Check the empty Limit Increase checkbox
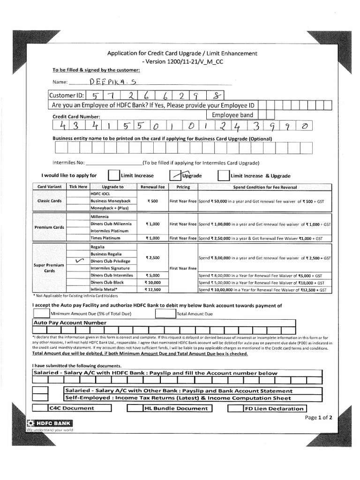[114, 175]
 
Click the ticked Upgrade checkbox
[175, 175]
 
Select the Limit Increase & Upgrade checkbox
[224, 175]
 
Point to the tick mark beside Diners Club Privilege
[78, 261]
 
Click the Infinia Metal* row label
[104, 290]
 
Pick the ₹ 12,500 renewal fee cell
[153, 290]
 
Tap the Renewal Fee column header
[153, 187]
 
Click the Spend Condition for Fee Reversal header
[265, 187]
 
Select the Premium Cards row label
[49, 227]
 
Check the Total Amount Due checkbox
[165, 313]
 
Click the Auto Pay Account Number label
[69, 323]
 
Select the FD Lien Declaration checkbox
[234, 408]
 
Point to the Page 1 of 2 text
[318, 417]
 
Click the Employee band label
[232, 115]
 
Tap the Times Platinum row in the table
[105, 238]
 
